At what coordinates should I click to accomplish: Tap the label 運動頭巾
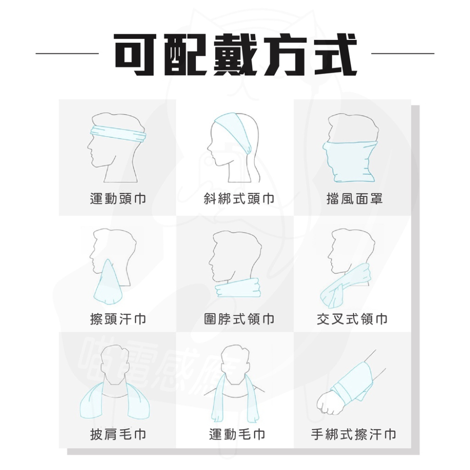(118, 199)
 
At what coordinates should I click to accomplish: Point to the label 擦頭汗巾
(118, 320)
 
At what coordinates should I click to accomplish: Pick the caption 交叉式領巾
(352, 320)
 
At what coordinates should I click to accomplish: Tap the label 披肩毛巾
(118, 435)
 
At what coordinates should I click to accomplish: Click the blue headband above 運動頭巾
(117, 133)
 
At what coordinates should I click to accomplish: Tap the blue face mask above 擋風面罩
(350, 160)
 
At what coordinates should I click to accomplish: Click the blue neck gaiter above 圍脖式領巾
(237, 287)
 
